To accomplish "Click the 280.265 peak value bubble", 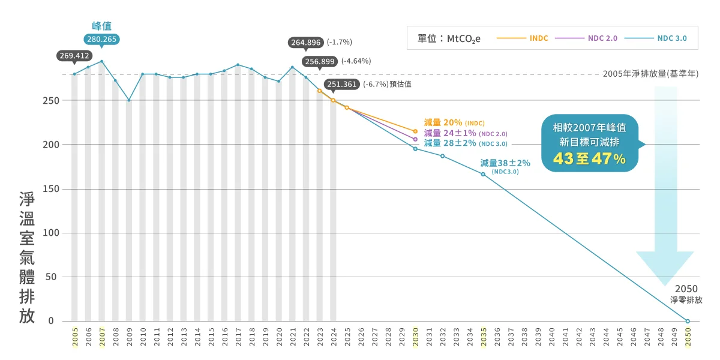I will point(101,40).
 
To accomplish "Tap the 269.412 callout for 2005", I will point(74,56).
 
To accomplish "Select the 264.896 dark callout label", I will point(306,43).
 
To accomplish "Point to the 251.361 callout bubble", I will point(342,84).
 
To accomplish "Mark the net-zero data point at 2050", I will point(688,321).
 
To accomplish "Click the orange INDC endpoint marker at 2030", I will point(415,131).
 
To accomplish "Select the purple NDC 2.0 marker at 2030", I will point(415,139).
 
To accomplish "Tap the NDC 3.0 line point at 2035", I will point(483,174).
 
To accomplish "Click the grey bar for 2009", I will point(129,210).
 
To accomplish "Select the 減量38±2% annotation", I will point(505,163).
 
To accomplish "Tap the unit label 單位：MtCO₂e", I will point(449,39).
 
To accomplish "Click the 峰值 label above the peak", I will point(101,26).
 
